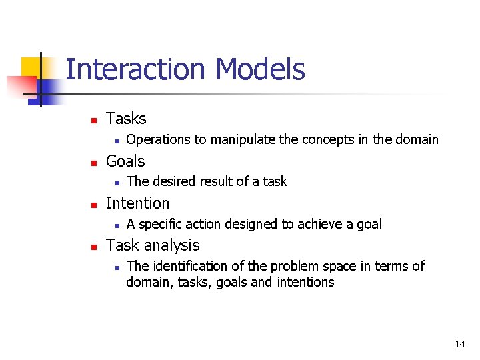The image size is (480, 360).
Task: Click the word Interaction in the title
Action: coord(137,69)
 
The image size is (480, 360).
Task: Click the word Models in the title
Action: coord(260,69)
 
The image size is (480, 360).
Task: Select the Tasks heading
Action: coord(126,119)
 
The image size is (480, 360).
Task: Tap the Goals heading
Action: coord(125,161)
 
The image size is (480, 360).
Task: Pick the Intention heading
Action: coord(137,203)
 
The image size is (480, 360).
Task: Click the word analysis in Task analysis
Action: coord(169,245)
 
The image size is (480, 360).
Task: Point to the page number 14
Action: coord(459,344)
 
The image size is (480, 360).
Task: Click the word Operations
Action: coord(158,139)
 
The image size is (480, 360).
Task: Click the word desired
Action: coord(173,181)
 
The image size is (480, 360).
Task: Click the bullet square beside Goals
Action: coord(94,163)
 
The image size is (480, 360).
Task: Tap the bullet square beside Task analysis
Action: coord(94,247)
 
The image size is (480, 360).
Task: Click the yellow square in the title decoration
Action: coord(31,67)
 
